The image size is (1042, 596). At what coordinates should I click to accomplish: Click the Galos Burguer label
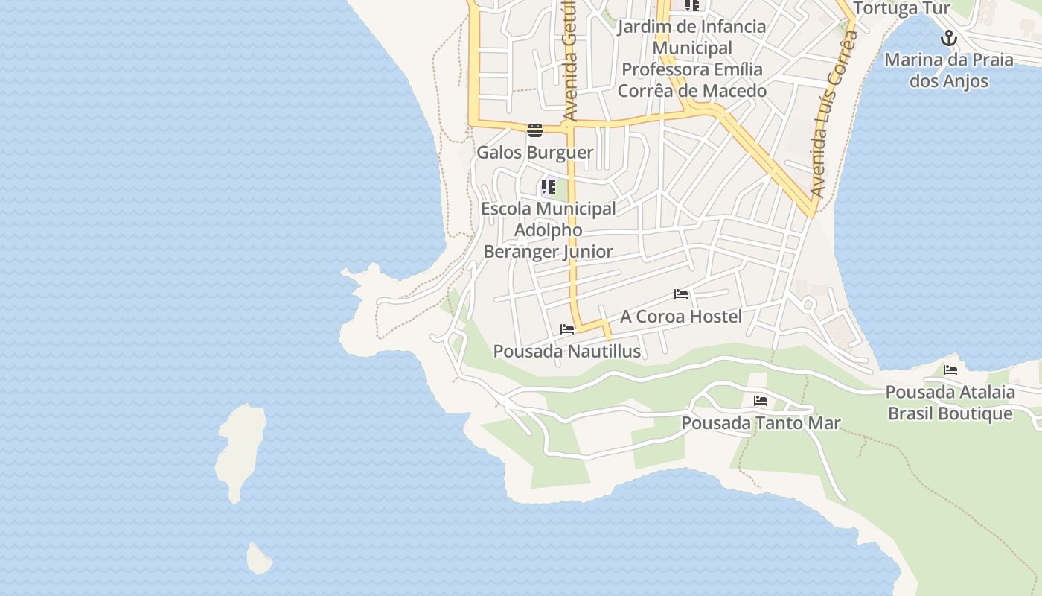coord(534,153)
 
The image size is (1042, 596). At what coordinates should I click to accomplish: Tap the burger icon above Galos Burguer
coord(534,130)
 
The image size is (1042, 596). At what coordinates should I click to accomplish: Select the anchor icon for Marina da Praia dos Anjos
coord(948,38)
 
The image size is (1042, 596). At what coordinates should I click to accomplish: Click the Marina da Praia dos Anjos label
coord(949,70)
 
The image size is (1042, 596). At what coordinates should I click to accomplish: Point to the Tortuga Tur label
coord(901,9)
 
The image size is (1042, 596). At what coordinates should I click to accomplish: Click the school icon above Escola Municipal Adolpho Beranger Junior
coord(549,187)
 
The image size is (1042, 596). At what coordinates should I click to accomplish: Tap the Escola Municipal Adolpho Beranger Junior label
coord(549,230)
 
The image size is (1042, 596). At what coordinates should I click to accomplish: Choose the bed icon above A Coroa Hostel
coord(680,294)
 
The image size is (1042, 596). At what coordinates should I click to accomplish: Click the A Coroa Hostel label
coord(681,317)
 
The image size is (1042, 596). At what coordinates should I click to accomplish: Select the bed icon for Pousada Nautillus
coord(567,329)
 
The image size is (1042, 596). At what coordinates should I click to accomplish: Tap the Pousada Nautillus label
coord(567,351)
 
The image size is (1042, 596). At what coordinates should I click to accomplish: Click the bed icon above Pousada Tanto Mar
coord(761,401)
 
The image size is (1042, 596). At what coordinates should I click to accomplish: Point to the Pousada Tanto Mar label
coord(761,423)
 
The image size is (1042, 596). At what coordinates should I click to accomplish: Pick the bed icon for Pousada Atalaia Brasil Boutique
coord(950,370)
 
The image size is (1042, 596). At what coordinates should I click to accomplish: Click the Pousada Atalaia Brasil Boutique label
coord(950,403)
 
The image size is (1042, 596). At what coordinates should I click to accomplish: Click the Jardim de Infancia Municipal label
coord(692,37)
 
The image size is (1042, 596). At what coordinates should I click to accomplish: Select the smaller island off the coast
coord(258,559)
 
